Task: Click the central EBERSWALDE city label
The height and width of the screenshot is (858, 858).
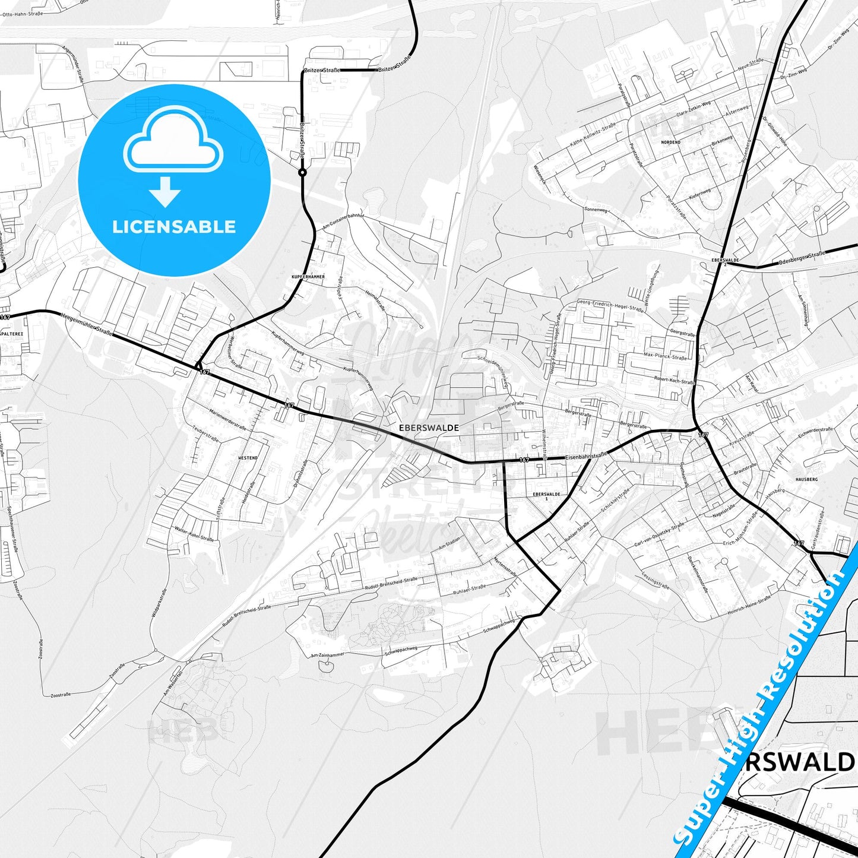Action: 429,428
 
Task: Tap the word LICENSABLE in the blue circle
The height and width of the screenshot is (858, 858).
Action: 174,227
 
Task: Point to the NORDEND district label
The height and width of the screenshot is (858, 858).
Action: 670,143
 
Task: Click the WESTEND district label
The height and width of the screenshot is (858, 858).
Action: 248,458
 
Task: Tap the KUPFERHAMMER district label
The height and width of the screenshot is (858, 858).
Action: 308,277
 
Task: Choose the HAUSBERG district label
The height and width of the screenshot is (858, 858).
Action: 806,479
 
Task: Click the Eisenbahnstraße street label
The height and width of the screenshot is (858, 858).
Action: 587,456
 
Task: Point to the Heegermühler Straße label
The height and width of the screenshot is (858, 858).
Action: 87,324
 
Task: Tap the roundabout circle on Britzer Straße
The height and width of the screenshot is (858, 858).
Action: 302,173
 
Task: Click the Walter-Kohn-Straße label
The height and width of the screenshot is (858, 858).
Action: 194,534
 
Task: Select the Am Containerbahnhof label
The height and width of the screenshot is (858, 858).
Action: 343,221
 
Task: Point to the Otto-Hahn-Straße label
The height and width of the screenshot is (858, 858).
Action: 22,14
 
